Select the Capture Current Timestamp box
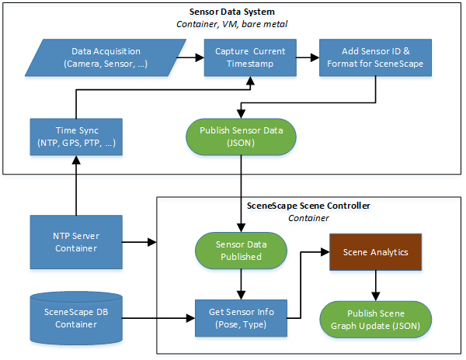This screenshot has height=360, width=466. [x=249, y=57]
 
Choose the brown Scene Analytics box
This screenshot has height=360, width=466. [x=377, y=251]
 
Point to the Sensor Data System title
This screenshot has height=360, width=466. [x=233, y=12]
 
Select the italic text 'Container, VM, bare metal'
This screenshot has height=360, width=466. [x=233, y=24]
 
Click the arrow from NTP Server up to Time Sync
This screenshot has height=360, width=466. [x=75, y=186]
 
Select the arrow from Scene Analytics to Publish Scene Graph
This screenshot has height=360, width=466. [x=377, y=285]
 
